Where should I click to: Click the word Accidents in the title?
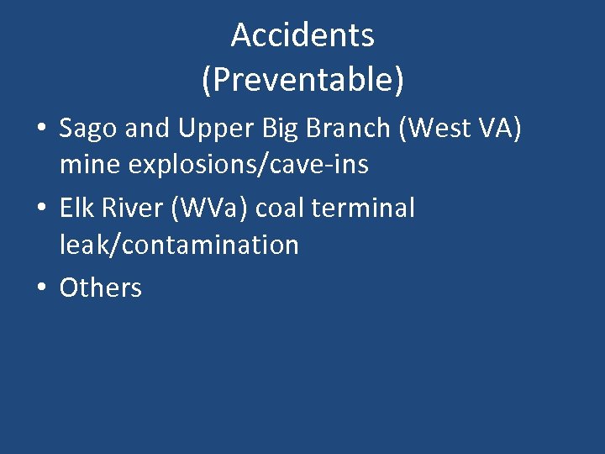(x=302, y=35)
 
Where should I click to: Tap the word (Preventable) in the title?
(x=302, y=80)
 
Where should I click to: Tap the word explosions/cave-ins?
(x=248, y=164)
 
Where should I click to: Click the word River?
(x=134, y=208)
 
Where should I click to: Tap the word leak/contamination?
(x=179, y=245)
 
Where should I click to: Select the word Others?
(x=101, y=288)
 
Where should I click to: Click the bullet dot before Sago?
(x=41, y=129)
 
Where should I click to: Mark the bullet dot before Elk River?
(x=41, y=209)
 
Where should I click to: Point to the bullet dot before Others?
(x=41, y=288)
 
